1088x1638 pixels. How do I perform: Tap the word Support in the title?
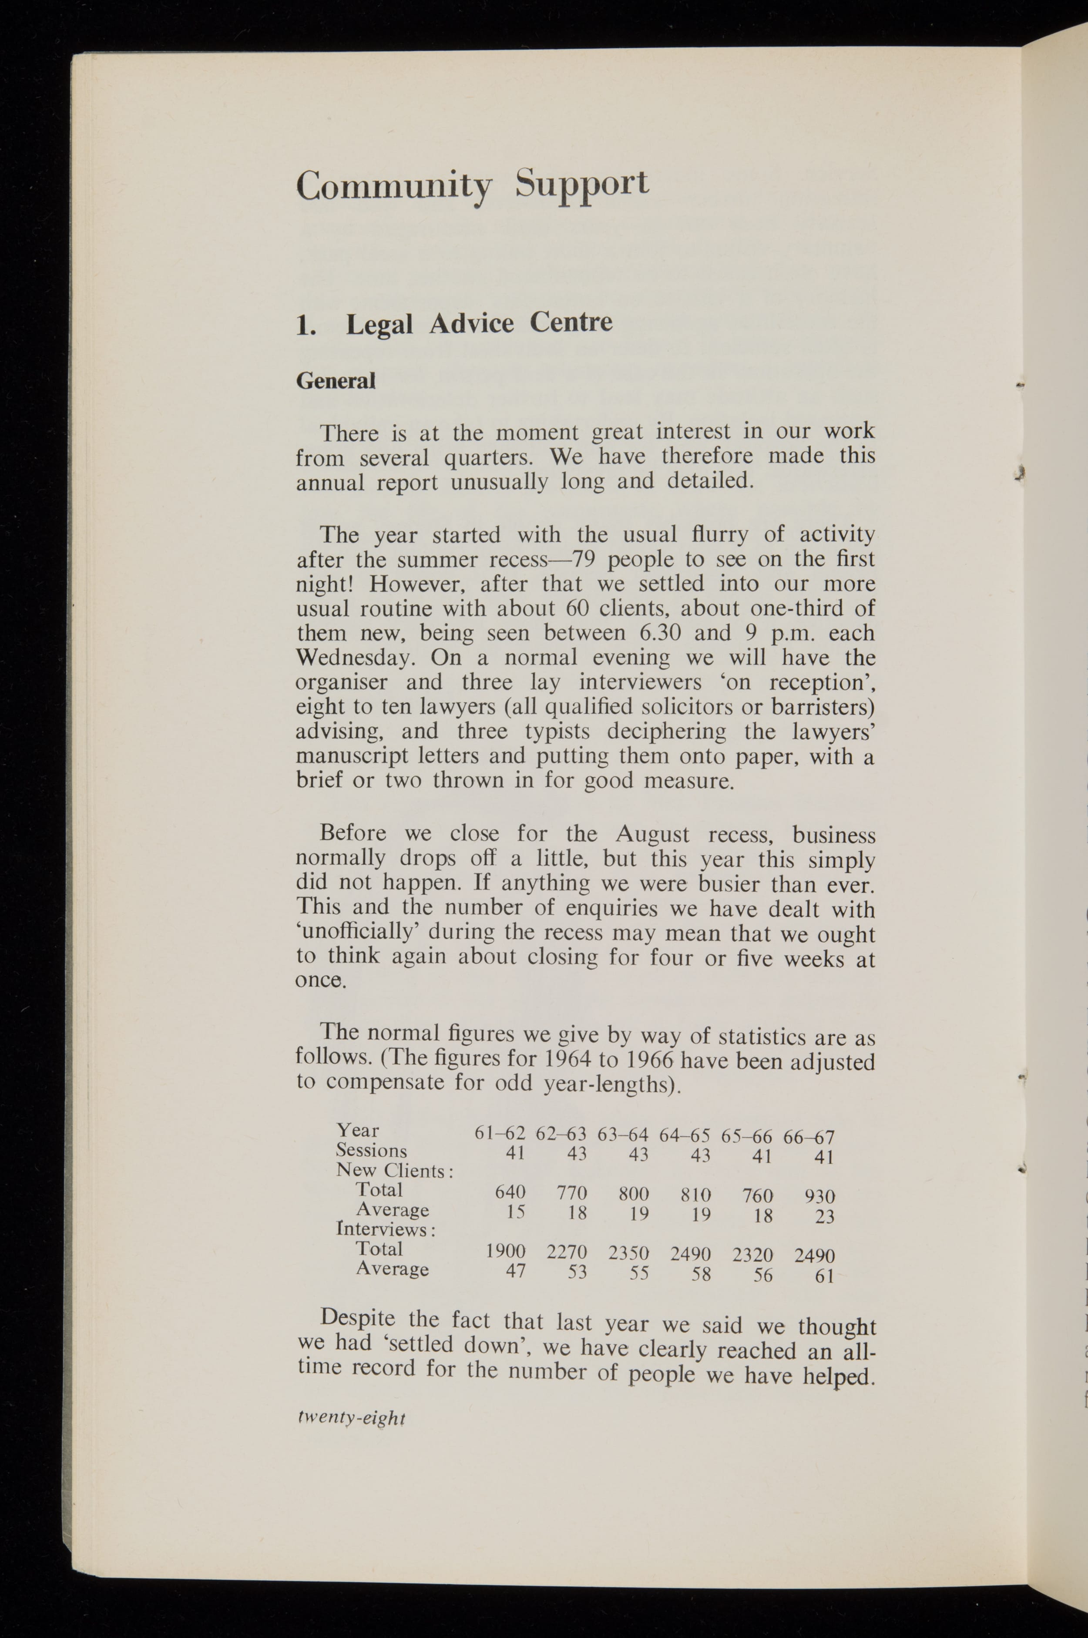(581, 185)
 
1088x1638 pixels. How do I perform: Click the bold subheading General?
(336, 381)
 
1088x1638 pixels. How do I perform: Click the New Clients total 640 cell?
(510, 1192)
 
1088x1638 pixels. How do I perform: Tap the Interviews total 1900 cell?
(505, 1251)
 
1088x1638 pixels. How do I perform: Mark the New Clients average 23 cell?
(824, 1216)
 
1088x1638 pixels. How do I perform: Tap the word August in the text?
(652, 833)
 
